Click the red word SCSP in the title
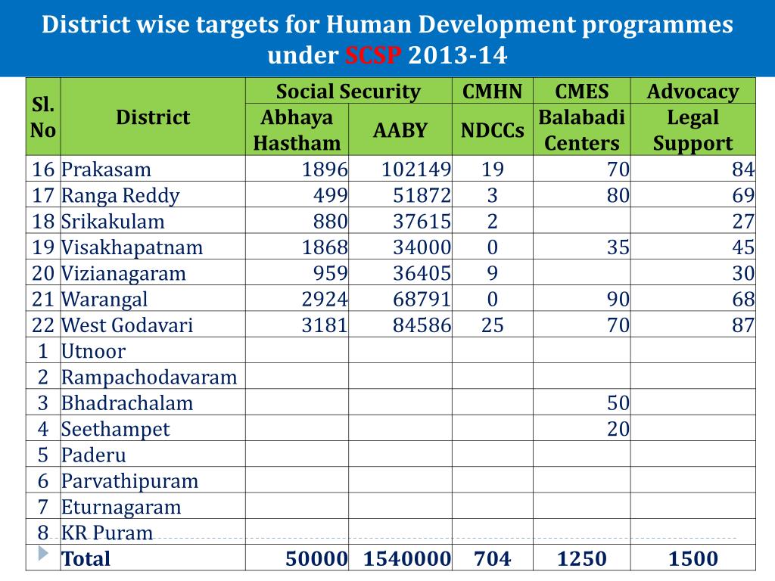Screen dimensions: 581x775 (375, 56)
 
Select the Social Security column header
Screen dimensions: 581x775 (348, 92)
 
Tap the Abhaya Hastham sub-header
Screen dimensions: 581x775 (297, 130)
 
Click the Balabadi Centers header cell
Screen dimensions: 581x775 (581, 130)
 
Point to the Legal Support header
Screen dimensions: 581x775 (693, 130)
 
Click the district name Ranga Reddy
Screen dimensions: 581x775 (120, 196)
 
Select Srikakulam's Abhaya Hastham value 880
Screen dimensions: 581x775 (331, 222)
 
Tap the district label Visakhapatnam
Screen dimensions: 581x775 (132, 247)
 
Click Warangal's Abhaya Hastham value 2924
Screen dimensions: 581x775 (325, 300)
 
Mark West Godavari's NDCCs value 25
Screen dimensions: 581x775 (492, 325)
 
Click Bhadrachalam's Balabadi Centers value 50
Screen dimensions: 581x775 (618, 403)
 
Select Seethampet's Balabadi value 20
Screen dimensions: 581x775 (618, 429)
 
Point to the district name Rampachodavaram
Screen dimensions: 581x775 (149, 377)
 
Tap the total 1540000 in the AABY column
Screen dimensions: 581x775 (407, 559)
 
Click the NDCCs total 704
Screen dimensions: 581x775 (492, 559)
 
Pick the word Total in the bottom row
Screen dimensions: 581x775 (86, 559)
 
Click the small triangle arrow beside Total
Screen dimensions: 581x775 (42, 554)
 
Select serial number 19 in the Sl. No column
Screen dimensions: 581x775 (42, 247)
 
